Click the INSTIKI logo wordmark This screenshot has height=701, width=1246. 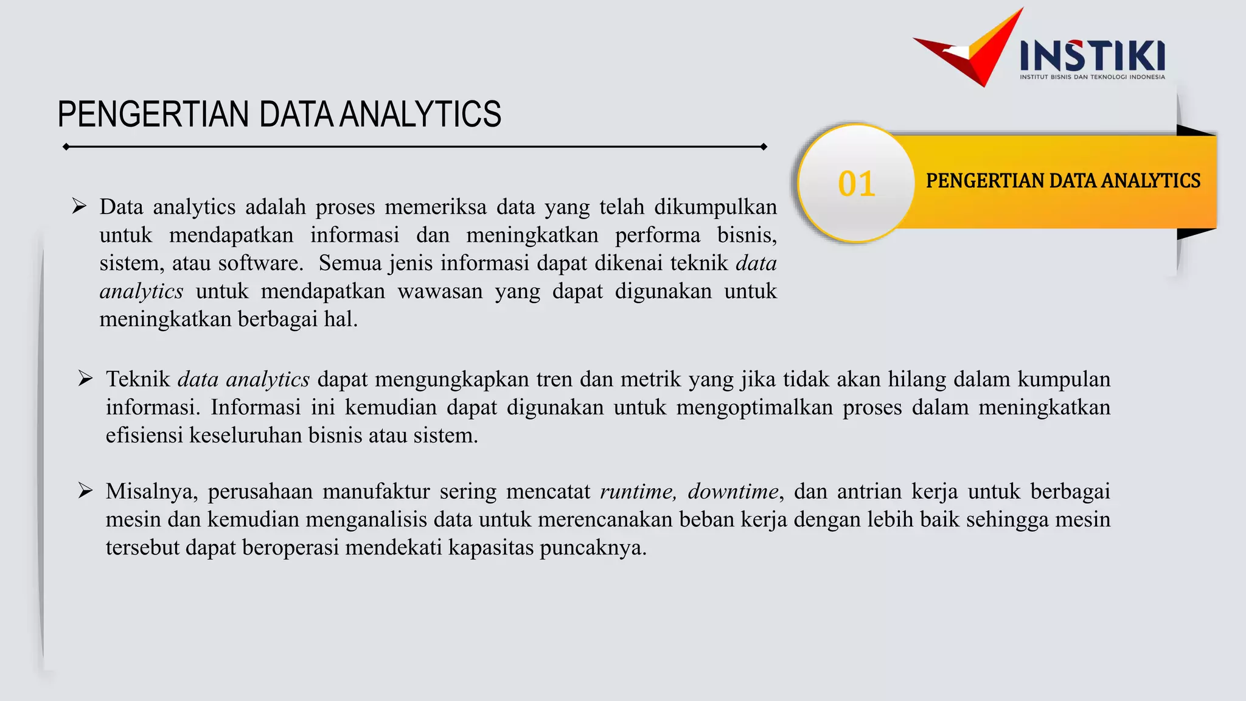pyautogui.click(x=1092, y=56)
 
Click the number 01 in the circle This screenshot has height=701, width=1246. pyautogui.click(x=857, y=184)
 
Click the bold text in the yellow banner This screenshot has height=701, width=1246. pyautogui.click(x=1063, y=181)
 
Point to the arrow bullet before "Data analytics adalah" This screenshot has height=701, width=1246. pyautogui.click(x=79, y=206)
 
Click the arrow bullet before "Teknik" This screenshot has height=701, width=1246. pyautogui.click(x=85, y=378)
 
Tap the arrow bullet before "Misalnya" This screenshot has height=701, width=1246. pyautogui.click(x=85, y=490)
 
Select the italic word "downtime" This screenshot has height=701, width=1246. pyautogui.click(x=733, y=491)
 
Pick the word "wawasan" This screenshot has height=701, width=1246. pyautogui.click(x=440, y=291)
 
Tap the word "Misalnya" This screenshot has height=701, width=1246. pyautogui.click(x=151, y=492)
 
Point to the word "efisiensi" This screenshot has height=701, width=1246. pyautogui.click(x=144, y=436)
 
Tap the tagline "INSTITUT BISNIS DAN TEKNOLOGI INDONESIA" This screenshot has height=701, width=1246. pyautogui.click(x=1092, y=77)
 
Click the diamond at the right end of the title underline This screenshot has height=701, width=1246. pyautogui.click(x=764, y=147)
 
